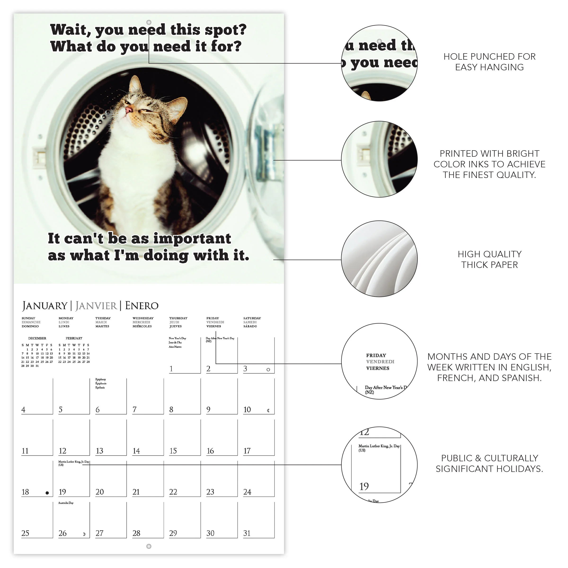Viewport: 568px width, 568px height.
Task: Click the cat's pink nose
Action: coord(129,110)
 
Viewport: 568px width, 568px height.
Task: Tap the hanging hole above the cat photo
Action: coord(149,22)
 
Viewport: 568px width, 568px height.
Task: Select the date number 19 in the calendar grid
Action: coord(62,492)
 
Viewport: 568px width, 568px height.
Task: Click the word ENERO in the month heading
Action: coord(142,306)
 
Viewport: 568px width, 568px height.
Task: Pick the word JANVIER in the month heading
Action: coord(96,306)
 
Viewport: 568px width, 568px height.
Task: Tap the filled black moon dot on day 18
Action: coord(47,493)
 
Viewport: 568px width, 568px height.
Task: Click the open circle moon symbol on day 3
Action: coord(268,369)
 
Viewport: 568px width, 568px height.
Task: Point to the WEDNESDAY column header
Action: coord(143,318)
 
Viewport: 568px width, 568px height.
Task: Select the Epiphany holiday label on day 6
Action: coord(101,380)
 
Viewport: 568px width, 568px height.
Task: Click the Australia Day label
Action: coord(66,503)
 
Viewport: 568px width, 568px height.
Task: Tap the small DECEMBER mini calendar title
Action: coord(37,338)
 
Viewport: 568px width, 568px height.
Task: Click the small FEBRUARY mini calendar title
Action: coord(74,338)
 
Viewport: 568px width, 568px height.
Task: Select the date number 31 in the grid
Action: coord(247,533)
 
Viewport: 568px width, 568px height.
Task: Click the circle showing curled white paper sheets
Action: coord(379,259)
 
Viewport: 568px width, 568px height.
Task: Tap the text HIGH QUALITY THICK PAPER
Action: coord(489,259)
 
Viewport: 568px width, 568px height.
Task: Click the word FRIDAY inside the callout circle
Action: coord(376,355)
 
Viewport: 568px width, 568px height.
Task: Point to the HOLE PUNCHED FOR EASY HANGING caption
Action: coord(489,62)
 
